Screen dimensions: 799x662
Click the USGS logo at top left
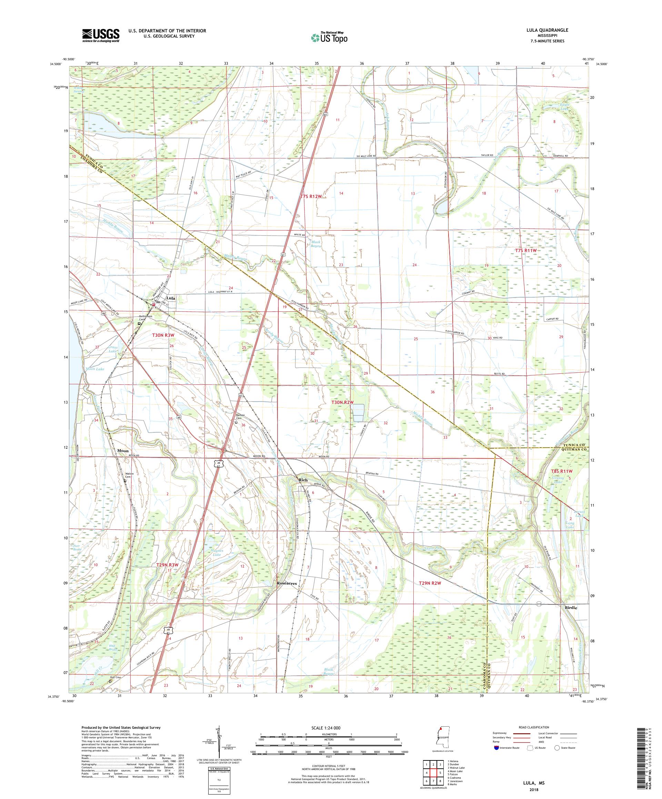(x=101, y=36)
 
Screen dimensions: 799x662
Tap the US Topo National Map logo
(x=329, y=37)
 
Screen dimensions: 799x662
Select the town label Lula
(x=170, y=298)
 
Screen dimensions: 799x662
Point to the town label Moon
(x=123, y=450)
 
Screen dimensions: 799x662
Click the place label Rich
(x=303, y=480)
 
